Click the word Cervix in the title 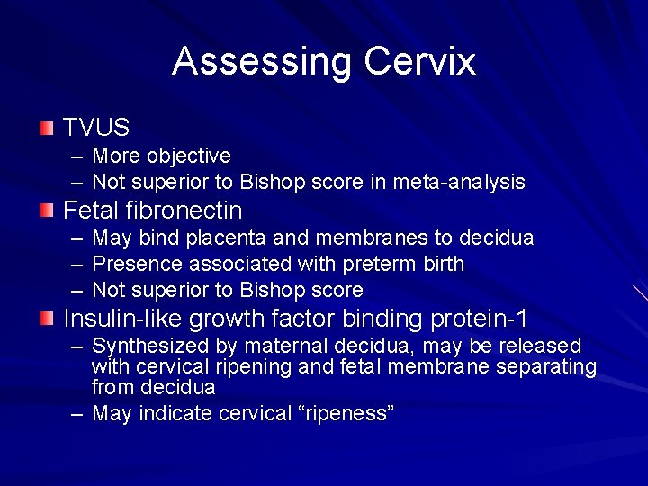pos(419,62)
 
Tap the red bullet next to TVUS pos(47,128)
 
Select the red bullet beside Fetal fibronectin pos(47,211)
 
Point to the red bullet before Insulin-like pos(47,318)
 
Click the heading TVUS pos(96,129)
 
